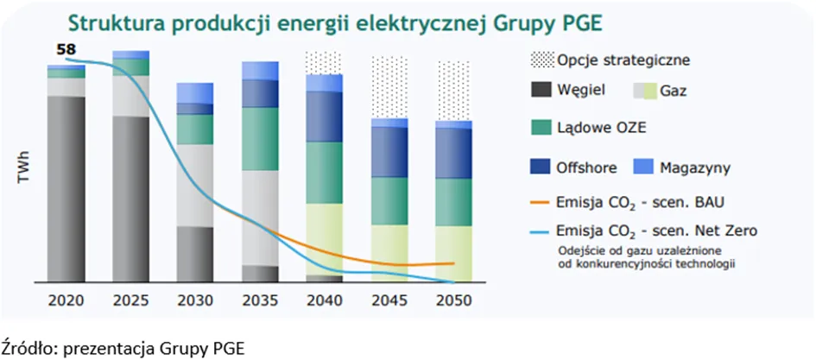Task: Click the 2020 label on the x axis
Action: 66,301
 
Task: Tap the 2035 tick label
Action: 260,301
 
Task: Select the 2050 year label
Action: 453,301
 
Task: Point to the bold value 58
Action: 66,50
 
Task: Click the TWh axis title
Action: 24,167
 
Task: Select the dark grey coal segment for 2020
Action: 66,189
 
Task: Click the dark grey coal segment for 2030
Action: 194,255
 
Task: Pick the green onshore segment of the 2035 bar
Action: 260,139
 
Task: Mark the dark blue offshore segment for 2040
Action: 324,117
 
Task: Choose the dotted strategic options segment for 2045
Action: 389,88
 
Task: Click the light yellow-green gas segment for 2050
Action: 454,255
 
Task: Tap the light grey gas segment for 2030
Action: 194,186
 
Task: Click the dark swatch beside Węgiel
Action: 541,91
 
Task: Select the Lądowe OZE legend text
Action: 602,128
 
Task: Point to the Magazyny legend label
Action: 695,168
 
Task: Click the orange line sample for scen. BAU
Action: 540,202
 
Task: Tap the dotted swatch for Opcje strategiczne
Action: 542,60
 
